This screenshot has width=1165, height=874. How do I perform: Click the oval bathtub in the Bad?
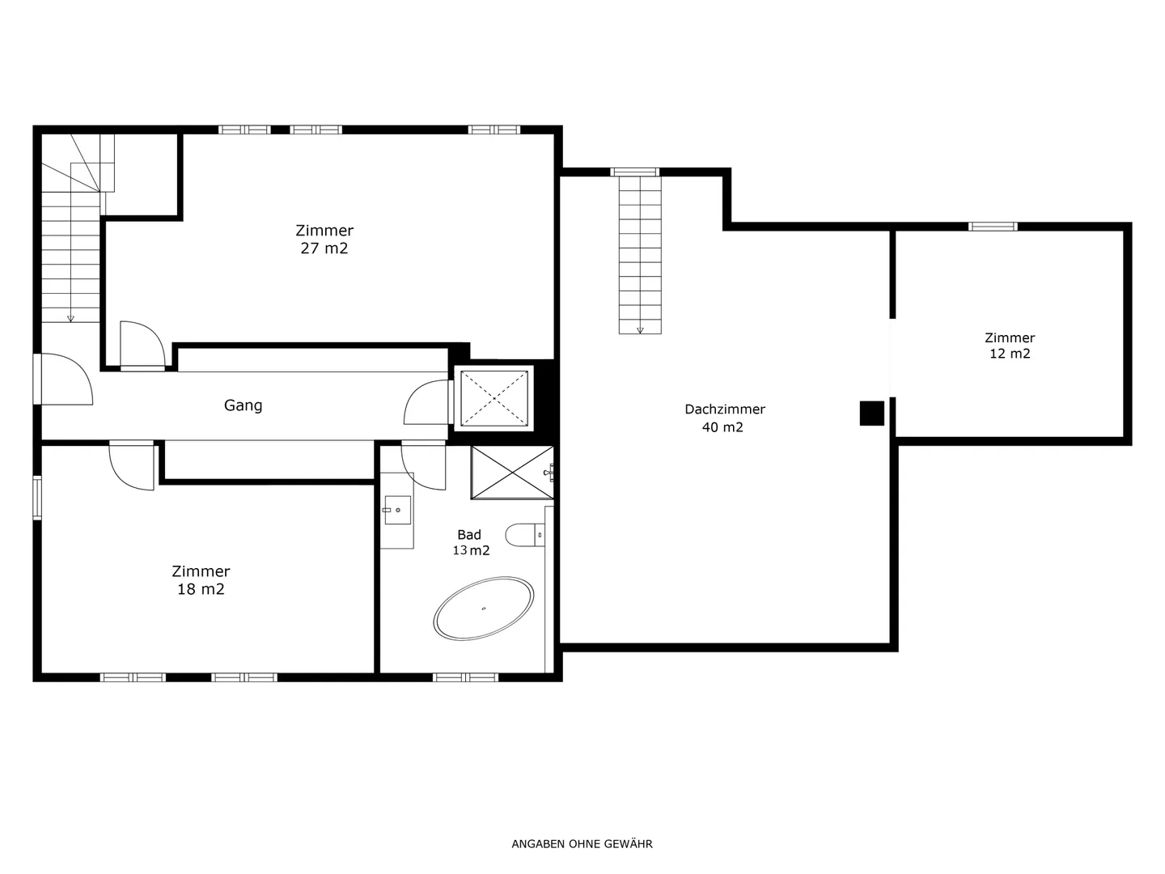483,608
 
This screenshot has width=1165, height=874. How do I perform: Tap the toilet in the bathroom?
524,535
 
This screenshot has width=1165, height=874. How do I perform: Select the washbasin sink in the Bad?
397,510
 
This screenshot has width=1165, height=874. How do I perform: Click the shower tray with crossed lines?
512,473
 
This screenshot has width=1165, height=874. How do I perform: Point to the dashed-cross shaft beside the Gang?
494,398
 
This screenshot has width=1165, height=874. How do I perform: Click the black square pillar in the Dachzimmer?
872,414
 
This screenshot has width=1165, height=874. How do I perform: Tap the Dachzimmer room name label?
724,409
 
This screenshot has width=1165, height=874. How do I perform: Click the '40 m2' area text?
722,427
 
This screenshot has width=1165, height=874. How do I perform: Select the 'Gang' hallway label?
243,405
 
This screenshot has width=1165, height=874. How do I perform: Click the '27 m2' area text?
324,248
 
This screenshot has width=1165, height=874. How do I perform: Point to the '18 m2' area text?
201,589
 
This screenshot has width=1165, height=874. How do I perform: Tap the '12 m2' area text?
1010,354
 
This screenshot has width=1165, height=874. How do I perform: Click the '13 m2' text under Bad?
471,550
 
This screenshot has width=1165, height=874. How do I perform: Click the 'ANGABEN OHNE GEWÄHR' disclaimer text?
582,844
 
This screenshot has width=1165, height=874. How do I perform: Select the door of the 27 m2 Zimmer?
142,345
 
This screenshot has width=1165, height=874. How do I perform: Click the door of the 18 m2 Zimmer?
132,465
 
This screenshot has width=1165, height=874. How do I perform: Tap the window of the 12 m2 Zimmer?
993,227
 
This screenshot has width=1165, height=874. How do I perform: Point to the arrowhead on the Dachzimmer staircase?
640,331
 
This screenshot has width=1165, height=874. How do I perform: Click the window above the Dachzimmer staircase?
635,172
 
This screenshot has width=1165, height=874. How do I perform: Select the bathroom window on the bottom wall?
465,677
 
